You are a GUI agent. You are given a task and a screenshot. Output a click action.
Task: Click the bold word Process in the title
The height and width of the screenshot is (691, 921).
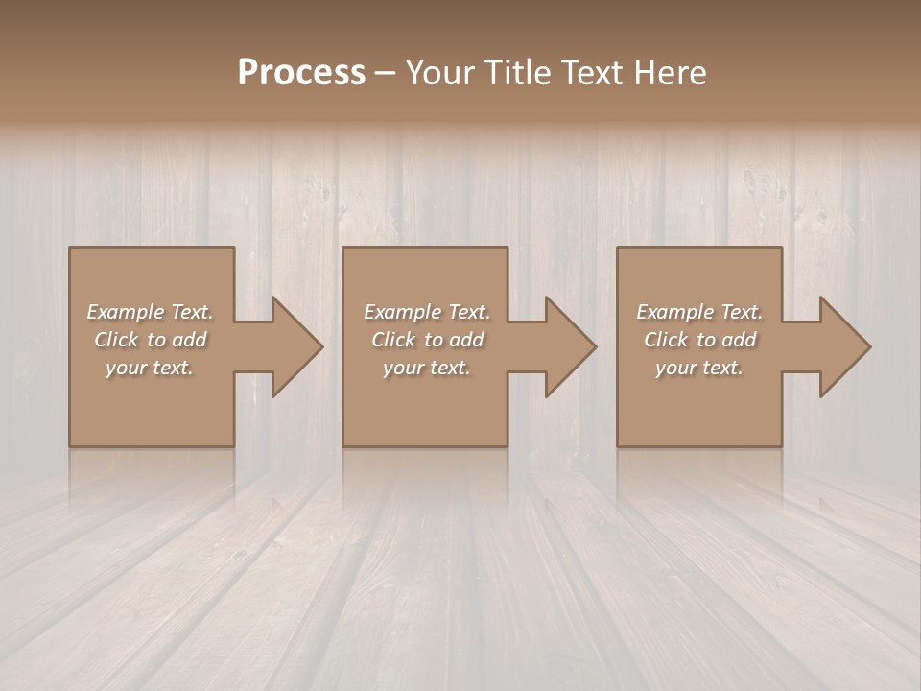coord(301,73)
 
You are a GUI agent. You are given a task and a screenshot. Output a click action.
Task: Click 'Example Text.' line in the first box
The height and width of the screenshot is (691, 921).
coord(150,312)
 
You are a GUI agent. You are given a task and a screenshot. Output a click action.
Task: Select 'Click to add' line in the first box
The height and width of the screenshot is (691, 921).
coord(150,340)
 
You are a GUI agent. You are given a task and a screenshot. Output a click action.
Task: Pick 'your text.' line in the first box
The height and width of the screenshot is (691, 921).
coord(150,368)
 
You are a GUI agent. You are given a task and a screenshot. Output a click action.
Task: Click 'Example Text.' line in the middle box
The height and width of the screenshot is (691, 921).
coord(426,312)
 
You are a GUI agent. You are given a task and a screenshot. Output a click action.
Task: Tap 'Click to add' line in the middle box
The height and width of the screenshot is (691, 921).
coord(427,340)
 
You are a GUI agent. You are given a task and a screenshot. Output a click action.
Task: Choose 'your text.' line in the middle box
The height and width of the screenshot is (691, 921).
coord(426,368)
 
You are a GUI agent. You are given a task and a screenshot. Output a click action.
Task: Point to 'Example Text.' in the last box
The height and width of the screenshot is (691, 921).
coord(699,312)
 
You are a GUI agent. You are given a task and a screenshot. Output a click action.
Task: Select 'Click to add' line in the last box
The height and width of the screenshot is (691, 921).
coord(699,340)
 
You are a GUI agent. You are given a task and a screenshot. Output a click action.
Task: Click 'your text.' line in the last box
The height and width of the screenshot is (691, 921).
coord(699,368)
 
